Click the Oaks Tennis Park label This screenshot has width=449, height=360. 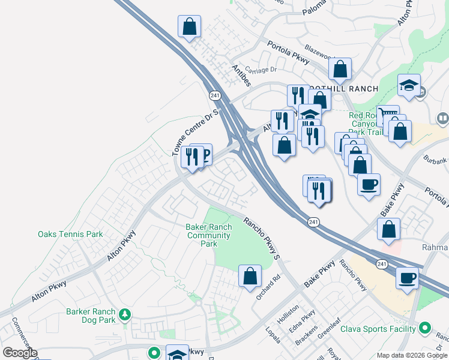click(70, 235)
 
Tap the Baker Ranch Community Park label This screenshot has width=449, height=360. click(208, 236)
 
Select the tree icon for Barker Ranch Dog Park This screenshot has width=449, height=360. click(125, 314)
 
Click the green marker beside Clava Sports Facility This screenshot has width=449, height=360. click(425, 328)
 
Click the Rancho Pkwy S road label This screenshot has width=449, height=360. click(262, 238)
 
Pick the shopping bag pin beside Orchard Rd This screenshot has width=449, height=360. click(250, 277)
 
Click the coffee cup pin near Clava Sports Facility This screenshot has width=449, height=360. click(407, 278)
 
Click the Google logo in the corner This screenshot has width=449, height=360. click(19, 353)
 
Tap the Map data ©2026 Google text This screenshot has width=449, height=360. click(411, 355)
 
